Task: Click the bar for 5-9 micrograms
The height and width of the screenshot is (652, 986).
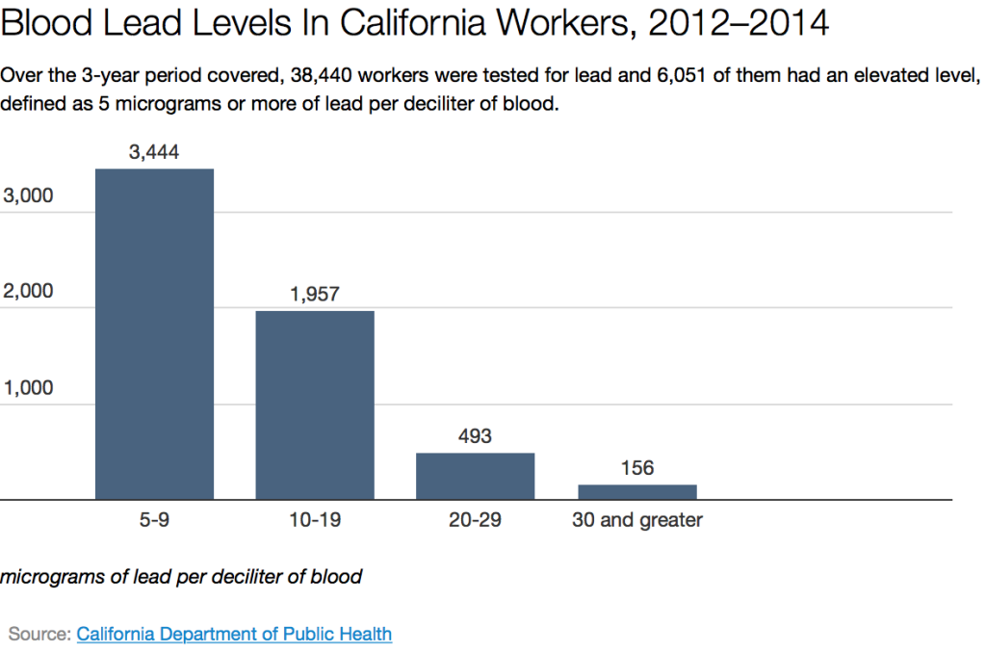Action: click(x=154, y=334)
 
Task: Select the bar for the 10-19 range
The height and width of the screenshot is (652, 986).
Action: click(x=315, y=404)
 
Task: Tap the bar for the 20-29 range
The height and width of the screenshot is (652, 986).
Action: click(x=475, y=476)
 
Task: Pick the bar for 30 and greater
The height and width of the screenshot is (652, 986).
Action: click(x=636, y=492)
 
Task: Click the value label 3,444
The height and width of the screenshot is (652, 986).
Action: click(x=154, y=151)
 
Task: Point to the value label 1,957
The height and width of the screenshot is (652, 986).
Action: click(x=315, y=294)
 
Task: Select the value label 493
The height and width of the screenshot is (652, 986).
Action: click(x=475, y=436)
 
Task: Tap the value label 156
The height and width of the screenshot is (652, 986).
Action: click(x=636, y=468)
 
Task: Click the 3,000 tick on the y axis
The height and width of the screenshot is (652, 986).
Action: click(x=29, y=196)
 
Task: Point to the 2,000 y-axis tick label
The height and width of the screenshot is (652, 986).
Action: click(x=29, y=292)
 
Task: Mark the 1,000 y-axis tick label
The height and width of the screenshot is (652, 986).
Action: click(x=29, y=388)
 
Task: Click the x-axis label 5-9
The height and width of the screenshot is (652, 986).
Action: click(x=154, y=521)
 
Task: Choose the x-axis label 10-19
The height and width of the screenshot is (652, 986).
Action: click(x=315, y=521)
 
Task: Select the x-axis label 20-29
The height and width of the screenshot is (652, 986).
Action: click(x=475, y=521)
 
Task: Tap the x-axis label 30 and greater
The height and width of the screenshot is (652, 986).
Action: click(x=636, y=521)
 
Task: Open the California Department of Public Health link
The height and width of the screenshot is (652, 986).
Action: click(x=234, y=634)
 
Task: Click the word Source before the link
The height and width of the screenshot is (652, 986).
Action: click(x=39, y=634)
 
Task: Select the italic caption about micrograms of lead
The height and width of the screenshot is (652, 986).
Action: click(x=181, y=578)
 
